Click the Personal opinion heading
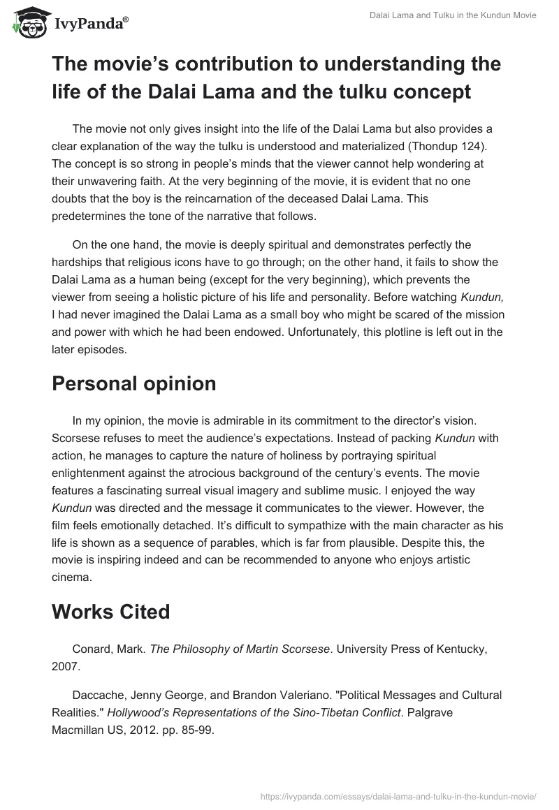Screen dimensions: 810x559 click(133, 383)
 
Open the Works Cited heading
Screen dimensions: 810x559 click(110, 612)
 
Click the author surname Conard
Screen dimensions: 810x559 click(92, 649)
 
